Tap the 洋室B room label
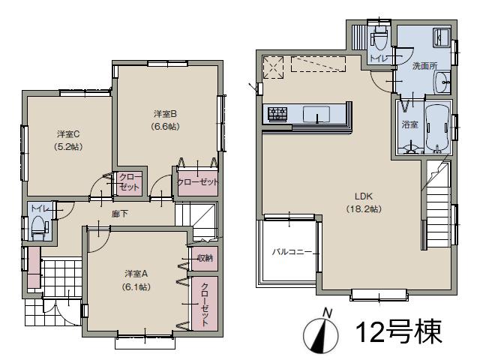[165, 114]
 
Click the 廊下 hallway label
[119, 214]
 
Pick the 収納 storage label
[205, 259]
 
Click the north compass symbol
[320, 332]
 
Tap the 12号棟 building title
[398, 331]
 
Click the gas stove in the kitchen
[276, 115]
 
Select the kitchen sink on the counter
[319, 115]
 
